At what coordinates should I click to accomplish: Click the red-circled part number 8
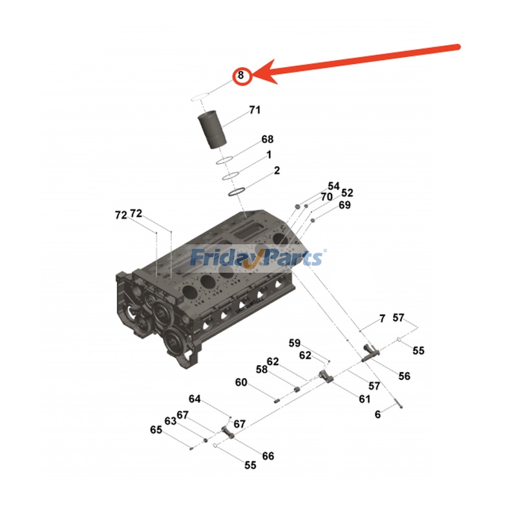(x=240, y=76)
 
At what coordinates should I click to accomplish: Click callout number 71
(x=255, y=110)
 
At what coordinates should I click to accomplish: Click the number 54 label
(x=333, y=185)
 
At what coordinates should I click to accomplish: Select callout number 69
(x=344, y=205)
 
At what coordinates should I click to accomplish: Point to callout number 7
(x=382, y=319)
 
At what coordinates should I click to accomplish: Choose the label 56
(x=404, y=376)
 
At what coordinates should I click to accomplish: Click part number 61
(x=365, y=399)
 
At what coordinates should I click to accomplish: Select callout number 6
(x=378, y=414)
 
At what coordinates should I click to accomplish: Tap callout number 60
(x=241, y=383)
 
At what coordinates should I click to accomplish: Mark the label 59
(x=295, y=343)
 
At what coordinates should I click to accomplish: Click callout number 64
(x=195, y=399)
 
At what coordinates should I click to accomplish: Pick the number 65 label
(x=156, y=430)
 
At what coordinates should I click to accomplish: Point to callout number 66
(x=268, y=456)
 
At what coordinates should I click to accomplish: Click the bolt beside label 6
(x=397, y=406)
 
